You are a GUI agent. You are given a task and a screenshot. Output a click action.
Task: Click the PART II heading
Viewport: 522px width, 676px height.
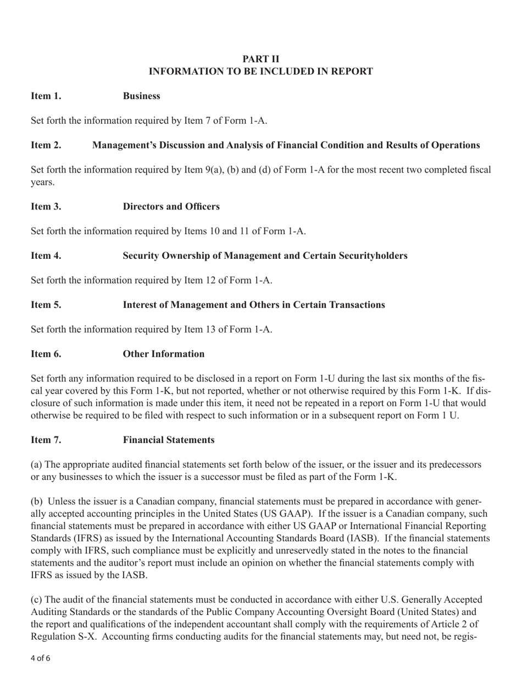click(x=261, y=59)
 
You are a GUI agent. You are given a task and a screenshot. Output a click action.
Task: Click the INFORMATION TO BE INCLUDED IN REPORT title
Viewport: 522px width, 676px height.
click(x=261, y=71)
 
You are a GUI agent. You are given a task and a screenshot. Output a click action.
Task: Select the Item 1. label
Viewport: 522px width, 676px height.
click(x=46, y=96)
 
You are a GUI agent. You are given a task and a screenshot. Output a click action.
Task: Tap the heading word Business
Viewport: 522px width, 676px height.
click(x=142, y=96)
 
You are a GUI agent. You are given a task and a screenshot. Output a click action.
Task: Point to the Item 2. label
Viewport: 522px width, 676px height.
click(x=46, y=145)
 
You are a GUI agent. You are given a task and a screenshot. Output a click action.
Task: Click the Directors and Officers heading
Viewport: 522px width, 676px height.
click(x=171, y=207)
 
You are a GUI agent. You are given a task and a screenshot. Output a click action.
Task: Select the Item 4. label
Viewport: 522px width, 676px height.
click(x=46, y=256)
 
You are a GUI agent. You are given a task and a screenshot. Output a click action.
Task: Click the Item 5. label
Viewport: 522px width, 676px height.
click(x=46, y=304)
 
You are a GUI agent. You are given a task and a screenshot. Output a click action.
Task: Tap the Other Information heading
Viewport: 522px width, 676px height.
click(x=164, y=354)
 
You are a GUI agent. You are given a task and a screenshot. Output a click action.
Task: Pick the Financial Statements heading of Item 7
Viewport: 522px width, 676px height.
click(x=169, y=440)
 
